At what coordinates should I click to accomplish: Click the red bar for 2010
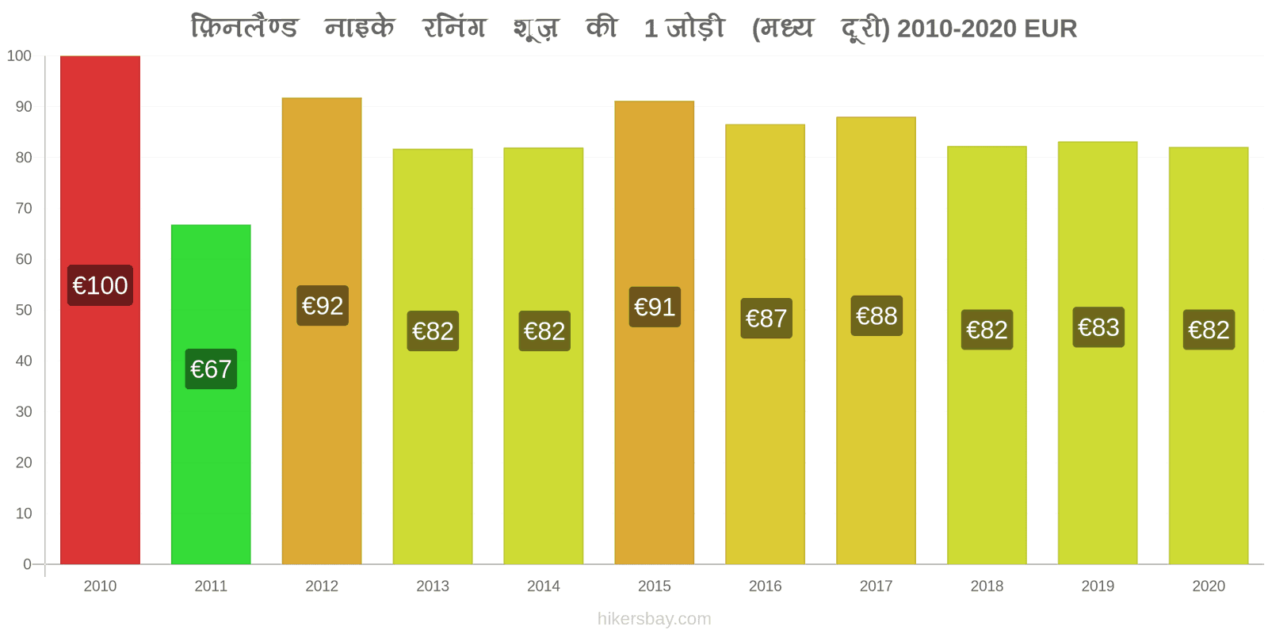point(100,310)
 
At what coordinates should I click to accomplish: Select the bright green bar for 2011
point(211,395)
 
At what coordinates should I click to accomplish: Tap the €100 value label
point(100,285)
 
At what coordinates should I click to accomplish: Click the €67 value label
point(211,369)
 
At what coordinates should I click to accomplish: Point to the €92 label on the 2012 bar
point(323,306)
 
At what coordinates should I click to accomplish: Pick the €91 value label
point(655,307)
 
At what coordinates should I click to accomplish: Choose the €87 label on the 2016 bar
point(766,318)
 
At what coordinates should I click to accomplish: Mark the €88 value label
point(877,315)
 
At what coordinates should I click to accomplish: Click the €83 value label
point(1098,327)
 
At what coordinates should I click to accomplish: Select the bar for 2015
point(655,333)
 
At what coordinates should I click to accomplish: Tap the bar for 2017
point(877,341)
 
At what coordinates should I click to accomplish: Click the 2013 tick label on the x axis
point(433,586)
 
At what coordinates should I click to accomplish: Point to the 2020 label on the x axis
point(1209,586)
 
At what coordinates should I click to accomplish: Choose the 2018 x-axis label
point(987,586)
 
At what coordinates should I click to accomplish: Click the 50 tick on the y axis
point(24,310)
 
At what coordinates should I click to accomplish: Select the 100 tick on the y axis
point(19,56)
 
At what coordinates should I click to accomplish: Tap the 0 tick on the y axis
point(27,564)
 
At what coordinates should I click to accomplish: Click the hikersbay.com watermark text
point(655,618)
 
